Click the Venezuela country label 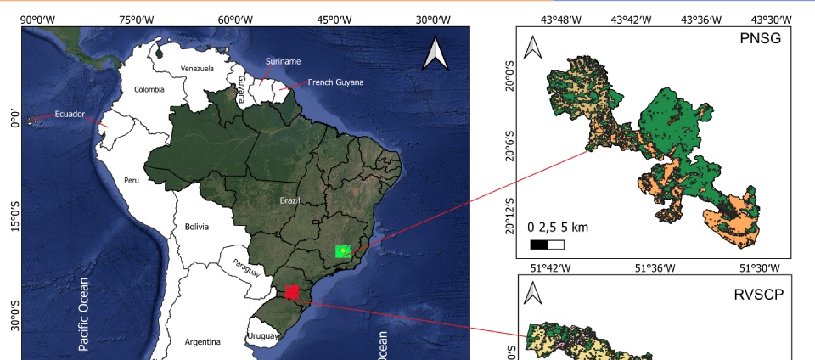197,69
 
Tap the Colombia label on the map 149,89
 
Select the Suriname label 283,62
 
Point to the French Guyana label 335,82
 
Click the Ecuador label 70,114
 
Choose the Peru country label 131,180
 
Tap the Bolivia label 196,227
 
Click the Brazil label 289,201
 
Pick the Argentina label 202,341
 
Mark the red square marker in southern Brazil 292,292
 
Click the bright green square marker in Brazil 343,252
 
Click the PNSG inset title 760,39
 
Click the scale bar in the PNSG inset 547,245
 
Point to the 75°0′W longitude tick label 137,20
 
